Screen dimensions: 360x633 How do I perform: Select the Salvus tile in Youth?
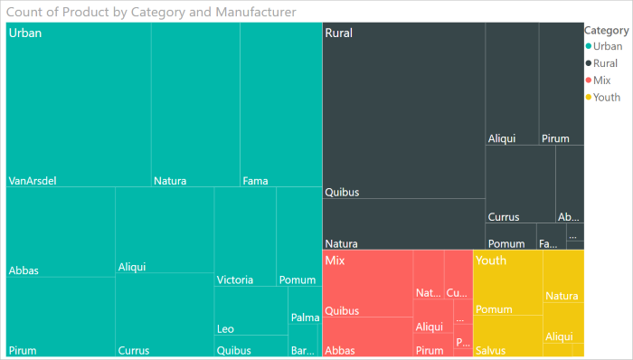507,336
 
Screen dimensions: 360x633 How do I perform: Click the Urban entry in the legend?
607,46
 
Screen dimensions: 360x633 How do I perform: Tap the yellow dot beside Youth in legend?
589,98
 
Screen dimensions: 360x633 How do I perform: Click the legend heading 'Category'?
607,30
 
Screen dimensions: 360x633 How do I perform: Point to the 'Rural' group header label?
339,33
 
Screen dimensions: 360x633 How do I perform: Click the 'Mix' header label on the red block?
335,261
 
